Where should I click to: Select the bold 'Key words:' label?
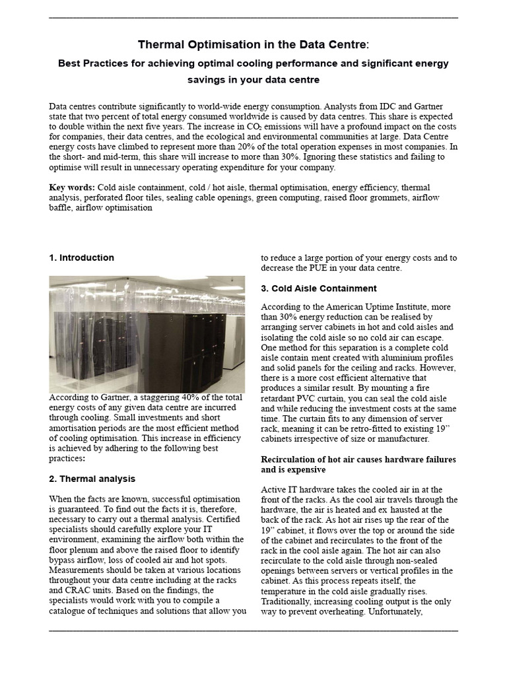point(71,187)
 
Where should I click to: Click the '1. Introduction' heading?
point(81,257)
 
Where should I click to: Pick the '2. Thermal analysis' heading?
point(92,478)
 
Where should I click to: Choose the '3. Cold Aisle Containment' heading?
point(319,288)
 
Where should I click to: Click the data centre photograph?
point(147,335)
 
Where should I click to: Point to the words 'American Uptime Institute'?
point(366,307)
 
